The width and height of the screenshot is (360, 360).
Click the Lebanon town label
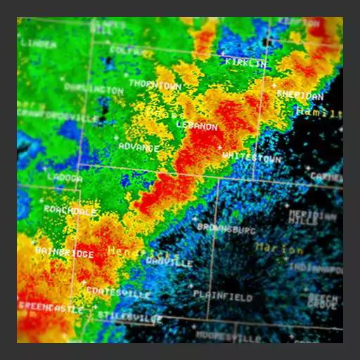pyautogui.click(x=197, y=126)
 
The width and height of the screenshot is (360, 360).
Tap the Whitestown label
pyautogui.click(x=251, y=157)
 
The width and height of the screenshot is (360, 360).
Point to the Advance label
pyautogui.click(x=139, y=146)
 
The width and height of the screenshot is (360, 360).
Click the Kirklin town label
pyautogui.click(x=246, y=63)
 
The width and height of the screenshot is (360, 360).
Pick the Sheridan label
pyautogui.click(x=300, y=94)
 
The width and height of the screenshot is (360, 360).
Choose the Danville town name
pyautogui.click(x=169, y=262)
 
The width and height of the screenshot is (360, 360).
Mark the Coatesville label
pyautogui.click(x=119, y=292)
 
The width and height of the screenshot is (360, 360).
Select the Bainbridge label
pyautogui.click(x=64, y=252)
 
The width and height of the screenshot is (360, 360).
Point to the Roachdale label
pyautogui.click(x=70, y=210)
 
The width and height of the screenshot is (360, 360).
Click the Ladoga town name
pyautogui.click(x=65, y=179)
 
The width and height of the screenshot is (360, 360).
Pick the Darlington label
pyautogui.click(x=94, y=89)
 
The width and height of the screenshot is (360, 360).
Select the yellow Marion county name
pyautogui.click(x=279, y=248)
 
